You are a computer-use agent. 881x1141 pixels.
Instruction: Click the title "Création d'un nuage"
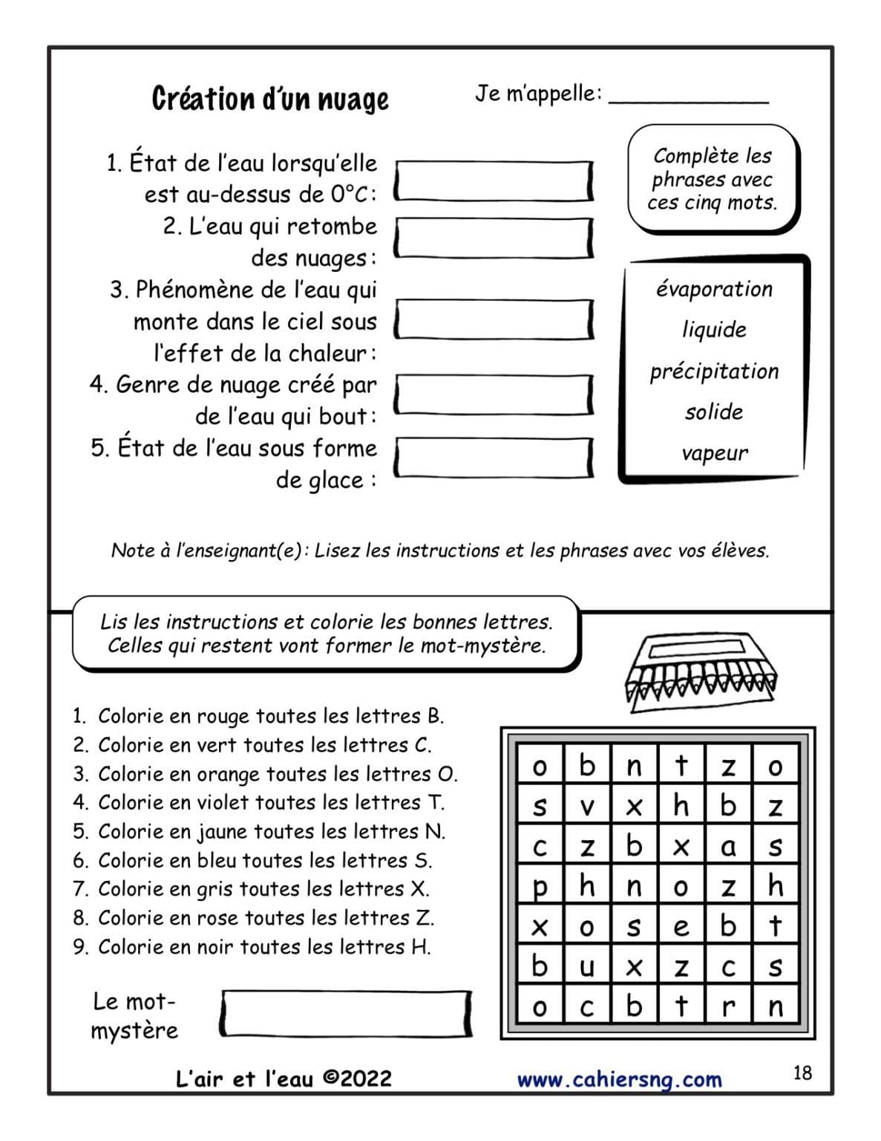(270, 99)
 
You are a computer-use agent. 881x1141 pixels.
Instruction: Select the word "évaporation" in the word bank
(714, 289)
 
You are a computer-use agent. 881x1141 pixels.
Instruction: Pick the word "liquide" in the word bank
(714, 330)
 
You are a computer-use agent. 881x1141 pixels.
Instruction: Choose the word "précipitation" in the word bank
(714, 371)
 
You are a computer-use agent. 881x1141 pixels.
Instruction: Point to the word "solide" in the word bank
(714, 412)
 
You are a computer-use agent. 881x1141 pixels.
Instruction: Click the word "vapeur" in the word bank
(714, 453)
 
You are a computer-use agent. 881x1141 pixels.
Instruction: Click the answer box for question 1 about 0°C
(494, 181)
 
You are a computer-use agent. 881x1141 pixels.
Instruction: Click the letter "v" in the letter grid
(587, 806)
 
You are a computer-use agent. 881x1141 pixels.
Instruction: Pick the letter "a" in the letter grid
(728, 846)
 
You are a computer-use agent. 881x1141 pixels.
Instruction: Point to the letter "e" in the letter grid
(681, 927)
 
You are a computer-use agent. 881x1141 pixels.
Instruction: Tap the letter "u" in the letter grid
(587, 967)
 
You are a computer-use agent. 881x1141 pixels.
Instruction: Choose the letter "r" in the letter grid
(728, 1007)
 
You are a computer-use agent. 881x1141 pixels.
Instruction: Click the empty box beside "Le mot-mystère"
(346, 1013)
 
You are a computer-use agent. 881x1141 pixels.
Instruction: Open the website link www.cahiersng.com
(619, 1079)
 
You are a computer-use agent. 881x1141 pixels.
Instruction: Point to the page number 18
(802, 1073)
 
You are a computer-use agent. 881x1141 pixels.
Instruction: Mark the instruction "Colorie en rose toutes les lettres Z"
(265, 917)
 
